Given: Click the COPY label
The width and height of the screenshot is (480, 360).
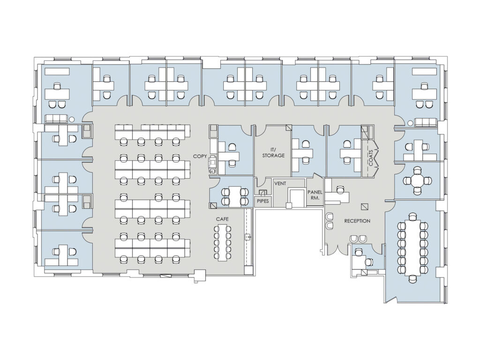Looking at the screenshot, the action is (x=200, y=156).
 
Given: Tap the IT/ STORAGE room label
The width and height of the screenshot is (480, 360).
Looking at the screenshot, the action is (x=273, y=152).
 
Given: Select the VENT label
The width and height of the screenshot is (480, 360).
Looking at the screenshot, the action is (x=280, y=183).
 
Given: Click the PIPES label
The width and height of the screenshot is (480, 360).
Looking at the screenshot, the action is (x=262, y=201).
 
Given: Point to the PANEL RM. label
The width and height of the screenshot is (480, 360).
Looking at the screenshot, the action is (x=315, y=195).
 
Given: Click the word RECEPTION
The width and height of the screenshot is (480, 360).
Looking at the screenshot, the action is (x=357, y=221).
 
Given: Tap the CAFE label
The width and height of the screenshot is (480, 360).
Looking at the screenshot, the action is (x=222, y=219).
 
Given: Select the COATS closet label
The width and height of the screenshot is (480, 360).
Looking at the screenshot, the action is (x=371, y=157).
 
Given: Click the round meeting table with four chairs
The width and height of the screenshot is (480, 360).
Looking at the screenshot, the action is (x=417, y=180).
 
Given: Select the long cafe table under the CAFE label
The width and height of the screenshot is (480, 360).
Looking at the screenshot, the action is (x=223, y=242).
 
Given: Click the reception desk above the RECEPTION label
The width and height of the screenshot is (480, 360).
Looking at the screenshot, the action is (x=337, y=196).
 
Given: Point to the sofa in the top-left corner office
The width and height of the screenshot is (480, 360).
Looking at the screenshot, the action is (x=56, y=119).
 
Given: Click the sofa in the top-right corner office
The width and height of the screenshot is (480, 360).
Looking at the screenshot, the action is (x=426, y=122).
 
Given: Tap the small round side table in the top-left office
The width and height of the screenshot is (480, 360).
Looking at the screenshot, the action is (x=72, y=120).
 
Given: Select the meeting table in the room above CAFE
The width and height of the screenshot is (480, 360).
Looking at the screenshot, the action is (x=234, y=196).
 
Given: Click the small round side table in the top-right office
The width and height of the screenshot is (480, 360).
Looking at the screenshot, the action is (x=411, y=123).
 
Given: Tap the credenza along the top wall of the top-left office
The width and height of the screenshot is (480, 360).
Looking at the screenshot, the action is (x=57, y=71).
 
